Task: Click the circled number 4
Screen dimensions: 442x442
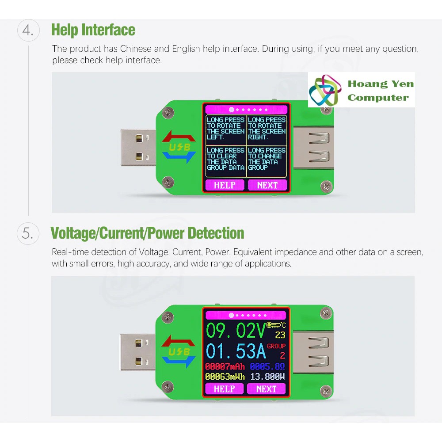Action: coord(28,30)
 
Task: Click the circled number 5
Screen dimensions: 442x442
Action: coord(28,233)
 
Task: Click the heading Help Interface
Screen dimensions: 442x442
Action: coord(93,30)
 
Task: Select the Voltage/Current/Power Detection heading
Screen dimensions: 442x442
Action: coord(147,233)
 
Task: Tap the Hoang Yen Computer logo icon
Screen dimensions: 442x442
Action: coord(324,90)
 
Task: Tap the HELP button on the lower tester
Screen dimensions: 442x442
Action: coord(224,389)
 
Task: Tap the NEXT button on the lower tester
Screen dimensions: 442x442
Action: coord(267,389)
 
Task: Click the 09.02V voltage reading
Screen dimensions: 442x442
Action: coord(236,330)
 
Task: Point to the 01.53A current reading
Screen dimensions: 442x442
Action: coord(236,351)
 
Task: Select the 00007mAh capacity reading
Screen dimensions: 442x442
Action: coord(225,366)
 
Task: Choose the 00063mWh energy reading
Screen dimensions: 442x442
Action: coord(225,377)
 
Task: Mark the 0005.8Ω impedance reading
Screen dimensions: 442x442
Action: coord(267,366)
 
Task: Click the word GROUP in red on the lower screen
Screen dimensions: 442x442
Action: coord(276,346)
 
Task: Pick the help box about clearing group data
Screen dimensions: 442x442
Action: coord(226,161)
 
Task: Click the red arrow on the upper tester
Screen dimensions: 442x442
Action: coord(179,137)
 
